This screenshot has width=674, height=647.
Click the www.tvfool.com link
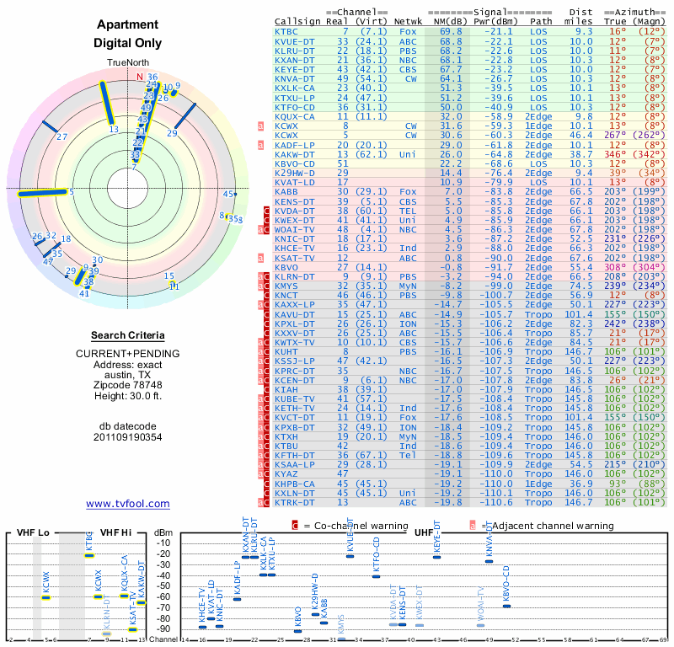point(127,504)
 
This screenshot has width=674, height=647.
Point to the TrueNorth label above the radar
point(127,64)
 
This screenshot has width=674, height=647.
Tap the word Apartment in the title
point(127,25)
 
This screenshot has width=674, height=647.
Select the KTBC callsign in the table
point(289,31)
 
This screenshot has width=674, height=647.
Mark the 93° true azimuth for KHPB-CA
point(617,484)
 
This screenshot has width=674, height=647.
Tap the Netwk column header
point(409,21)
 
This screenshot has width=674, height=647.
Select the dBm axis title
point(163,532)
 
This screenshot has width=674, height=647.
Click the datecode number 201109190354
point(127,436)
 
